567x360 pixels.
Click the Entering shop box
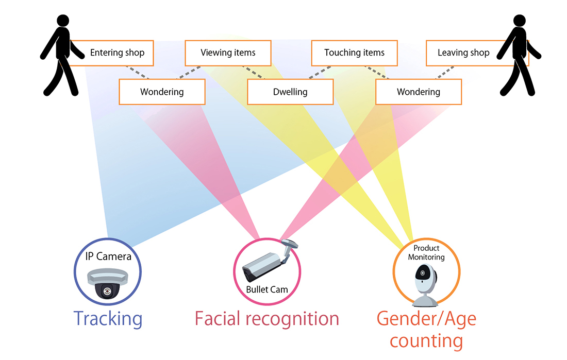tap(117, 53)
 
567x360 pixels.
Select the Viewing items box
tap(228, 53)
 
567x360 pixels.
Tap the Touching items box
tap(354, 53)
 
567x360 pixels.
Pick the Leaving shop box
tap(463, 53)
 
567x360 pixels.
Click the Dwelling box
tap(290, 93)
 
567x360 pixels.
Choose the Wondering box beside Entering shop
tap(162, 93)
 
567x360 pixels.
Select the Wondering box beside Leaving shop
tap(418, 93)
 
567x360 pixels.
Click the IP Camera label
tap(108, 256)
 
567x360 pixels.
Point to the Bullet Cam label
tap(266, 289)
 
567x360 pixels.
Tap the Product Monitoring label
tap(426, 252)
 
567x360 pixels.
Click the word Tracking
tap(108, 319)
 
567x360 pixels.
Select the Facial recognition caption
tap(266, 319)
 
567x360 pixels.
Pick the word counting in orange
tap(426, 341)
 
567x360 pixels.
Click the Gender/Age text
tap(426, 319)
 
